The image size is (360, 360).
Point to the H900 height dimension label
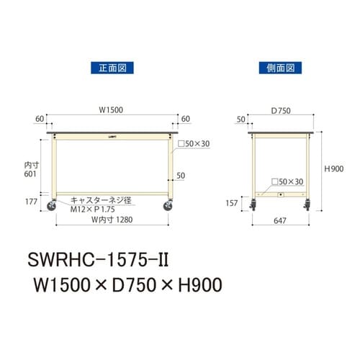[x=334, y=168]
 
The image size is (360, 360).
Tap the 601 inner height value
[x=30, y=173]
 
